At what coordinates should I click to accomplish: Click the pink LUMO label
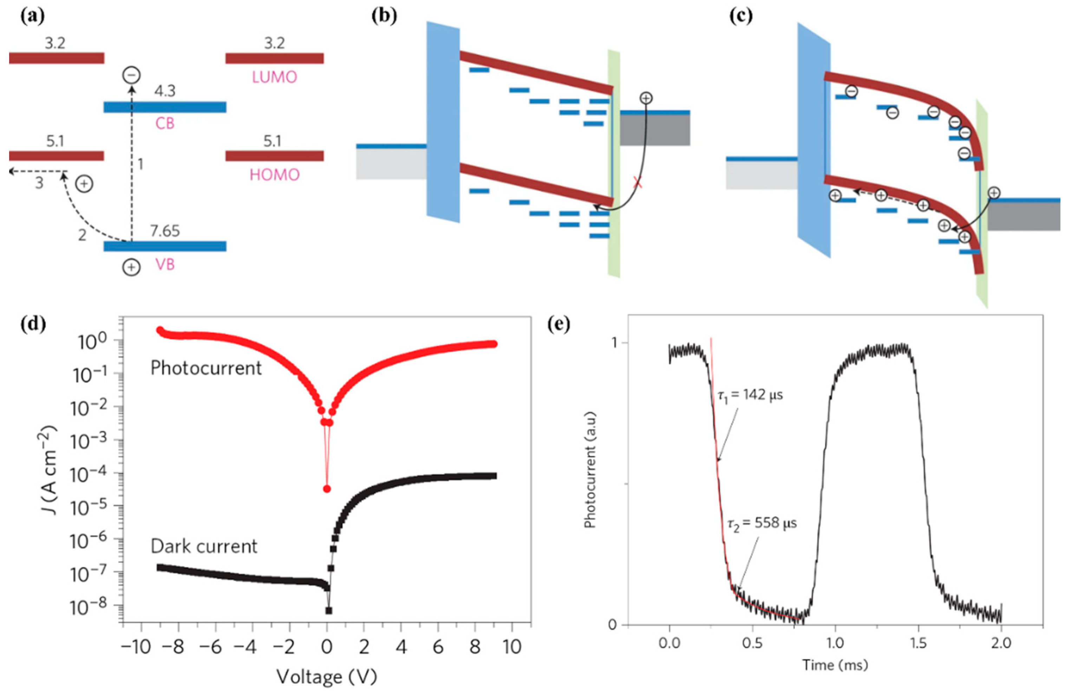[x=274, y=77]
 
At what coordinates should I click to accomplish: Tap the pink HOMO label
[x=274, y=175]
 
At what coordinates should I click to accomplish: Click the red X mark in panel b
[x=637, y=182]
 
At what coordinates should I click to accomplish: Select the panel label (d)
[x=33, y=324]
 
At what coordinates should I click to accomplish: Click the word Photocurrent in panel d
[x=205, y=368]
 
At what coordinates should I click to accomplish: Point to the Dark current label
[x=204, y=546]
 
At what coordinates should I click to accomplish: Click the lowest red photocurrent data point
[x=327, y=489]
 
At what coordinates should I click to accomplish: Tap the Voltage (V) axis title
[x=326, y=677]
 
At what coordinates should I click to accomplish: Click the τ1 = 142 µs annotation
[x=749, y=395]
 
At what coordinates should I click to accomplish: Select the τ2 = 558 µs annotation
[x=762, y=524]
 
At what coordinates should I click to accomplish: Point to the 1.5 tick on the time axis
[x=918, y=643]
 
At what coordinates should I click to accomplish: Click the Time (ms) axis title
[x=835, y=664]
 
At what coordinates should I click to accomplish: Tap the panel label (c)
[x=739, y=16]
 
